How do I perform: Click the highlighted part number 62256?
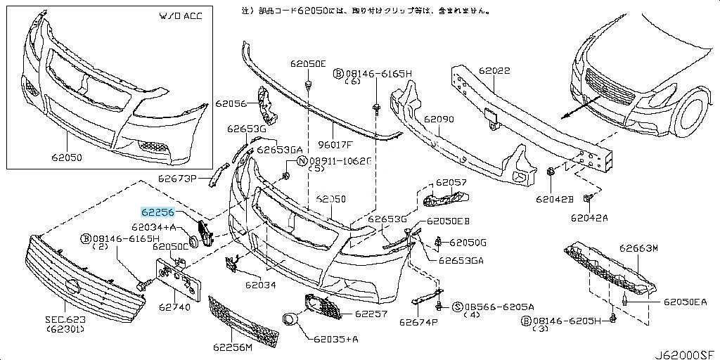(x=158, y=211)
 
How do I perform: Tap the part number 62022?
(x=495, y=71)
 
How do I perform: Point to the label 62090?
(x=440, y=120)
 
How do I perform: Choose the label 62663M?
(x=638, y=248)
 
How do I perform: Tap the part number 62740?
(x=175, y=307)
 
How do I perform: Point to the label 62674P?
(x=418, y=323)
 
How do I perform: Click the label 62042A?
(x=589, y=218)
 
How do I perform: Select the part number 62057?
(x=451, y=183)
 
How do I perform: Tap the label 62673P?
(x=177, y=178)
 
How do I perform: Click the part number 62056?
(x=231, y=103)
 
